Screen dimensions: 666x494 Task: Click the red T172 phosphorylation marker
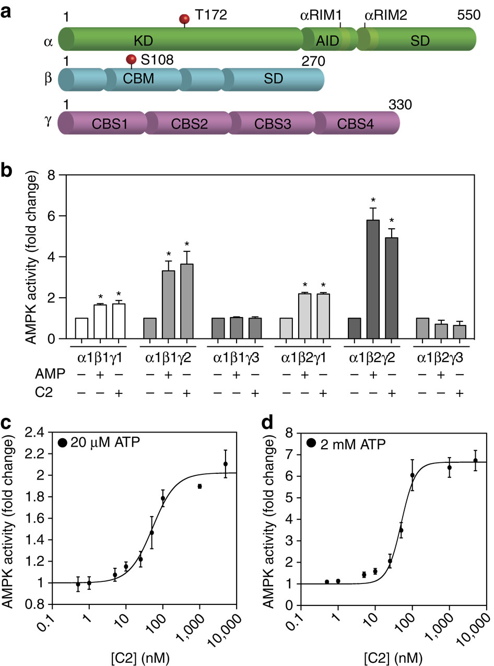(x=184, y=19)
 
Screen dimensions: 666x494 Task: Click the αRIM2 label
(x=385, y=15)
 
